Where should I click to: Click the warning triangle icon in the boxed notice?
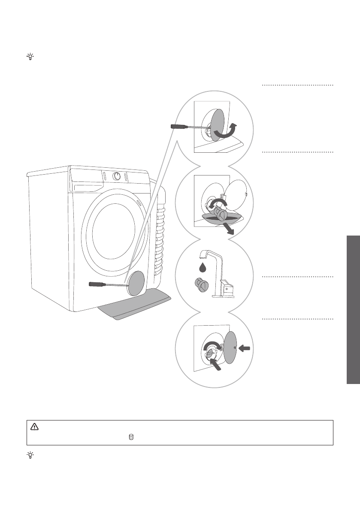[x=34, y=427]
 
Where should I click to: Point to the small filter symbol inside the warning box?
[x=131, y=437]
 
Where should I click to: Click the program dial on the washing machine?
[x=116, y=176]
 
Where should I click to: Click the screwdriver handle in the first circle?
[x=179, y=127]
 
